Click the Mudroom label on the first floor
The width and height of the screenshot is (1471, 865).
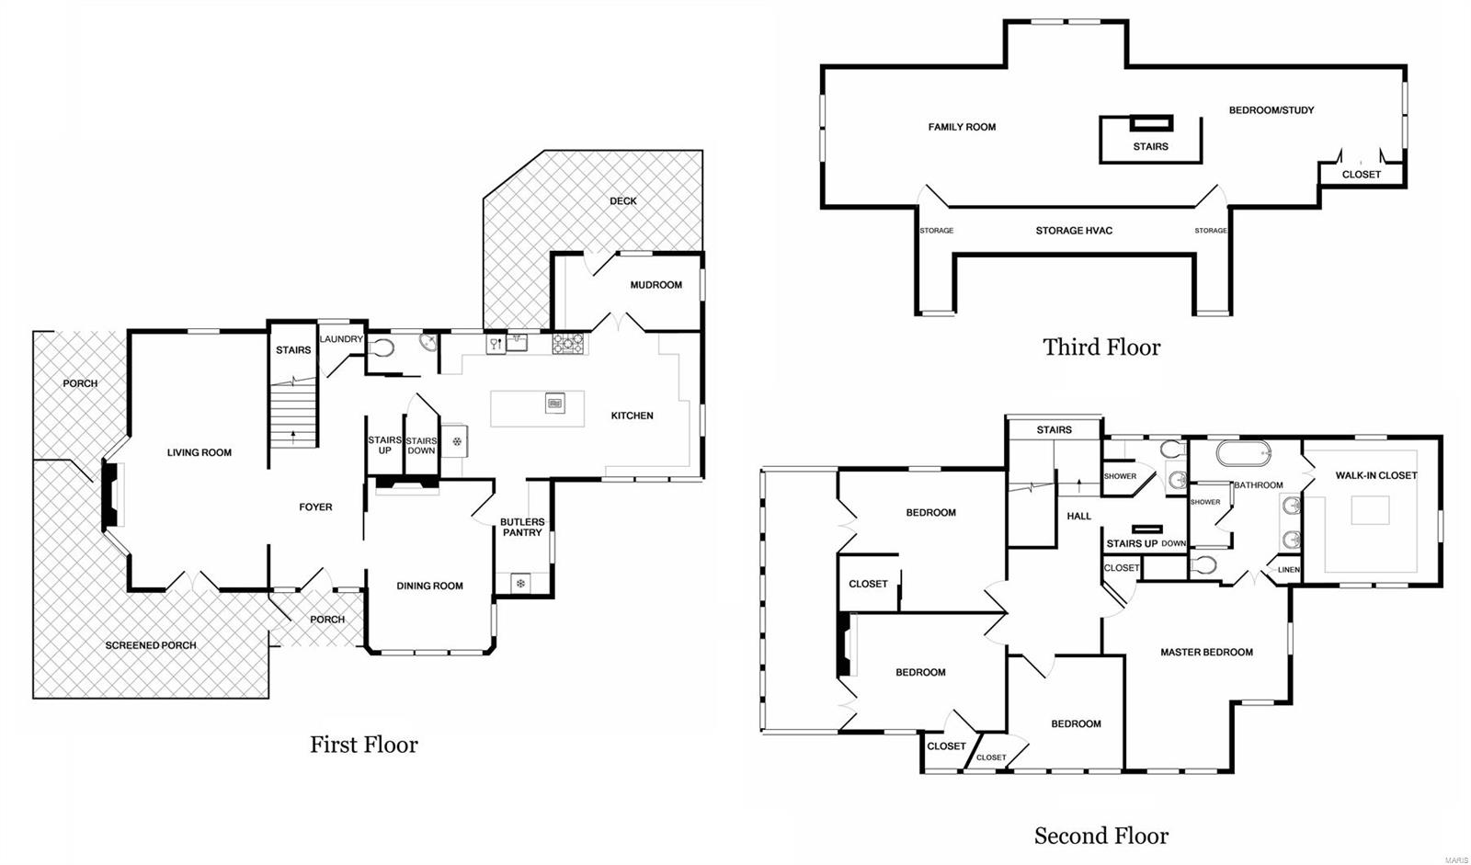click(656, 285)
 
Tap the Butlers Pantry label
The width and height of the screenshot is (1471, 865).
click(522, 527)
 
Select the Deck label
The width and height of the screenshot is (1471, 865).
click(622, 201)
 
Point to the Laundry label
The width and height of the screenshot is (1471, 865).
click(341, 339)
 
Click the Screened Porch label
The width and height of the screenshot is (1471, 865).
click(151, 645)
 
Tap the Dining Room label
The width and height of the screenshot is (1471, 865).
click(429, 586)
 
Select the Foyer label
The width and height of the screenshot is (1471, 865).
click(315, 507)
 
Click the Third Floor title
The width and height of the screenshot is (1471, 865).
click(1101, 347)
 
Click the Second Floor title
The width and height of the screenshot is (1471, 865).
click(1101, 836)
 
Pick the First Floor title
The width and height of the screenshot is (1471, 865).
click(364, 745)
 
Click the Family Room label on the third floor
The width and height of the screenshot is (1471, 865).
click(962, 127)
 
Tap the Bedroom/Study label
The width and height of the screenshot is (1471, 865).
click(1271, 110)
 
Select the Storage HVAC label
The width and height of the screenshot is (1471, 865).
click(1074, 231)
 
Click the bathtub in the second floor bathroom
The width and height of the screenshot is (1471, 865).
click(1243, 453)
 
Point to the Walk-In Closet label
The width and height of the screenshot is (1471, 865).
click(1376, 475)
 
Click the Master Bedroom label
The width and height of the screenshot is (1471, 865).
click(1206, 653)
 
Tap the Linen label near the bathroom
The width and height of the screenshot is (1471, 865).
click(1289, 570)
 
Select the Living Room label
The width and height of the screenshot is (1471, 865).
click(200, 452)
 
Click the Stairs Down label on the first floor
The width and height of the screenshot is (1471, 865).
click(421, 446)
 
